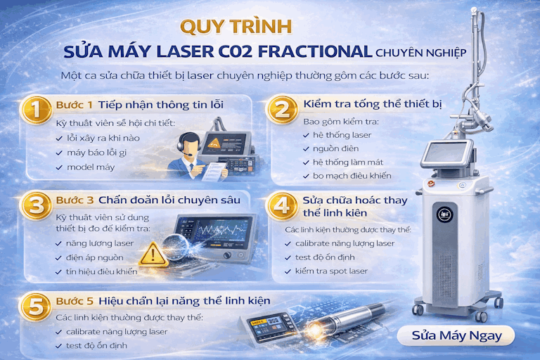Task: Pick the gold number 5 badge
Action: point(33,307)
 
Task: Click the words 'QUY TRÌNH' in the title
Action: point(236,26)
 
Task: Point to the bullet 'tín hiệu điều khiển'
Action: point(102,271)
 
